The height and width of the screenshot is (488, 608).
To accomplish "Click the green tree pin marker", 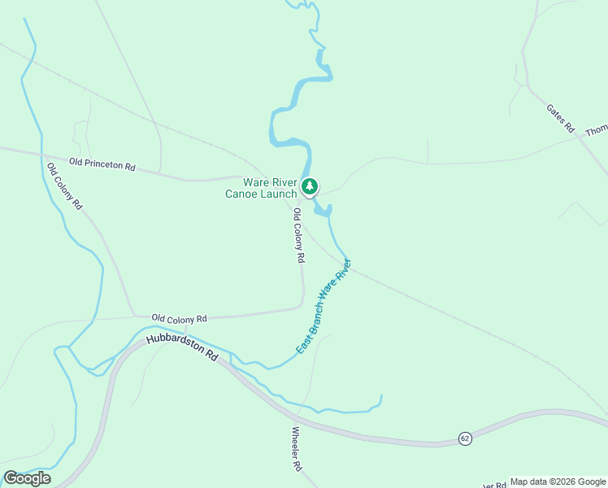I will [x=309, y=187].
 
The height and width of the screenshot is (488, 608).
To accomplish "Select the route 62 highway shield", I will [x=464, y=438].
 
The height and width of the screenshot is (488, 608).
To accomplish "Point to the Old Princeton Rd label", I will [x=102, y=164].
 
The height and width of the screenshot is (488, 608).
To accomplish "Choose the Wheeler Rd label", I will [x=297, y=450].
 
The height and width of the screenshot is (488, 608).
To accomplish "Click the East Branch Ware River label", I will [x=323, y=307].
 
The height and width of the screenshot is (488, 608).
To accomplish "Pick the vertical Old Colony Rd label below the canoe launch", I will [x=298, y=235].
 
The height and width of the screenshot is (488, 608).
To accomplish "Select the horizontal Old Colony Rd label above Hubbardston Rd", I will [x=180, y=318].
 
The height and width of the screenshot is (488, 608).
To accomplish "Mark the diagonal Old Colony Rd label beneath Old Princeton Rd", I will [x=64, y=187].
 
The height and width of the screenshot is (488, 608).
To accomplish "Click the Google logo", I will [x=27, y=478].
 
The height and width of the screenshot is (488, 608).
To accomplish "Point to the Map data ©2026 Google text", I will [x=558, y=481].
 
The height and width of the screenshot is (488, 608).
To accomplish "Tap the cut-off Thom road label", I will [x=597, y=129].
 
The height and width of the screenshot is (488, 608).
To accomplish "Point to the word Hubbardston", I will [x=174, y=346].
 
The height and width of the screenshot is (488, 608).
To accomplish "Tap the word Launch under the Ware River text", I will [x=280, y=194].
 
